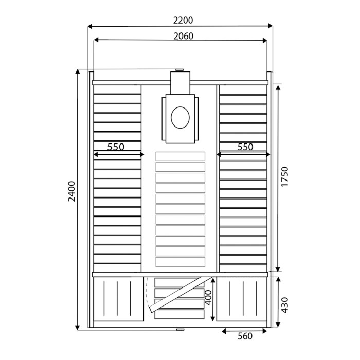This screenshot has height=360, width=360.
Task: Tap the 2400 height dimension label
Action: [x=72, y=191]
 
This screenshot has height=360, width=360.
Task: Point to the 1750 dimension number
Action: [x=285, y=177]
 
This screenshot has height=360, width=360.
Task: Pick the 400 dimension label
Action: [x=207, y=297]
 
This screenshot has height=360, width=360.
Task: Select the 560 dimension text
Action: [x=245, y=336]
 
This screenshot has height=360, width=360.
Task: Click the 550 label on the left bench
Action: [x=116, y=147]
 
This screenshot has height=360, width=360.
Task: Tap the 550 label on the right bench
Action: [x=245, y=147]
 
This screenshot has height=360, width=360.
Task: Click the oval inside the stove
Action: [x=180, y=117]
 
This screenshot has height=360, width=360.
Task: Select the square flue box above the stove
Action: [x=180, y=83]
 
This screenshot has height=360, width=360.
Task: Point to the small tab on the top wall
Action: [x=179, y=70]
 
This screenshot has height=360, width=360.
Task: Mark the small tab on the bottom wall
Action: [x=179, y=329]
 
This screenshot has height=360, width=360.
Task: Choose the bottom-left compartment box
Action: [x=118, y=300]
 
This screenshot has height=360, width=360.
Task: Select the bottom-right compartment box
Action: [x=242, y=300]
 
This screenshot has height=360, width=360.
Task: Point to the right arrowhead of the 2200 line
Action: [x=271, y=26]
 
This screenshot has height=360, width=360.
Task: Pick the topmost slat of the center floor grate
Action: [x=180, y=156]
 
